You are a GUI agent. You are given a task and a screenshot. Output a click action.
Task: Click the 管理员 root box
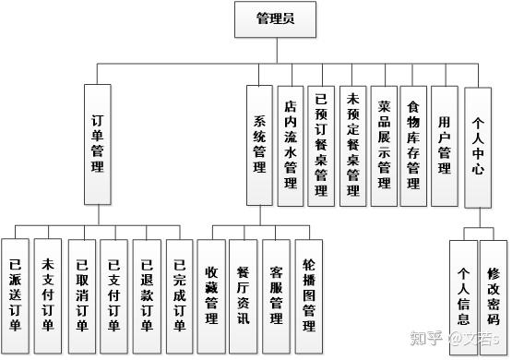coord(275,19)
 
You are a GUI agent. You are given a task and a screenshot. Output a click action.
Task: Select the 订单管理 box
coord(98,145)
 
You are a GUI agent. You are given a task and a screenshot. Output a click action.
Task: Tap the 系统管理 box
coord(259,145)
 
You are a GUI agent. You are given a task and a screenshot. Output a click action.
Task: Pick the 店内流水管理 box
coord(291,146)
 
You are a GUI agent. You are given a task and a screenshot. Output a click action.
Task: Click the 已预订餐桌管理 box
coord(321,146)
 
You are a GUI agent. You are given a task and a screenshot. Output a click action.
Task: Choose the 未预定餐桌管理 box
coord(352,146)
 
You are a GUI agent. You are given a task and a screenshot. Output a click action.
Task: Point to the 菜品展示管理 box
coord(384,146)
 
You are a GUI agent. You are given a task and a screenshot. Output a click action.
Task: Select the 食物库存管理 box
coord(413,146)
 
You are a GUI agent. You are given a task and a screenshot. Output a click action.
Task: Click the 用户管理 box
coord(445,146)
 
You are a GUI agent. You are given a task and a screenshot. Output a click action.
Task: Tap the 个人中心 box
coord(478,148)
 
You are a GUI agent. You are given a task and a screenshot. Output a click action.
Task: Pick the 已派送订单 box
coord(15,296)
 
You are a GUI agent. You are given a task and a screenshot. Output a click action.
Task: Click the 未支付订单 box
coord(48,296)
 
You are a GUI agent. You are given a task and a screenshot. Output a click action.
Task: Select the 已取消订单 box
coord(82,297)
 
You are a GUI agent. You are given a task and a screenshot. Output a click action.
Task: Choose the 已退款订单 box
coord(147,297)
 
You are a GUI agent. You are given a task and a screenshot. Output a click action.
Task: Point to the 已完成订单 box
coord(180,297)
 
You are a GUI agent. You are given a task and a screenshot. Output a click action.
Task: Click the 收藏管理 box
coord(211,297)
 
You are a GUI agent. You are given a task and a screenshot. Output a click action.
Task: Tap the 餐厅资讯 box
coord(244,297)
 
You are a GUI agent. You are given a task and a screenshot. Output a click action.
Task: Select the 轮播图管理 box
coord(309,297)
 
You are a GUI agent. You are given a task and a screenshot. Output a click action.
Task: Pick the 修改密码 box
coord(494,298)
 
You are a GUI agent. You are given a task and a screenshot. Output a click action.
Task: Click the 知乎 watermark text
coord(426,338)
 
